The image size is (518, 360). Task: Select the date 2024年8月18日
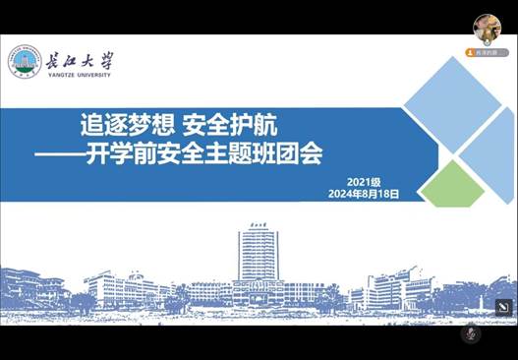point(364,195)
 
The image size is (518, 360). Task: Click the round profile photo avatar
point(486,27)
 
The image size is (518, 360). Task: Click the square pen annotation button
point(503,306)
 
